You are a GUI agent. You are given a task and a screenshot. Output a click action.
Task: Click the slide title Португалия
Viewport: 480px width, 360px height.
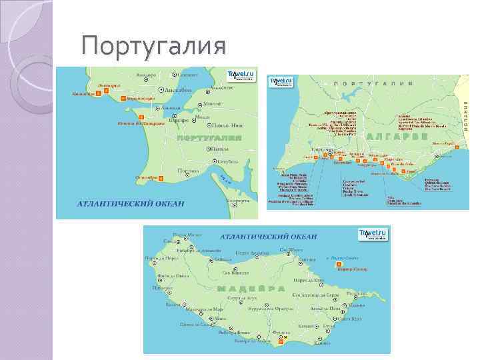click(153, 47)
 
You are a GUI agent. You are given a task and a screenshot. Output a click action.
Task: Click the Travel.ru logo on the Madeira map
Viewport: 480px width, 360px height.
click(373, 234)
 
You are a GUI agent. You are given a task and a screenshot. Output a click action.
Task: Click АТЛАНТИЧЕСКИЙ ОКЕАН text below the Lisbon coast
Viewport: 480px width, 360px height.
click(131, 203)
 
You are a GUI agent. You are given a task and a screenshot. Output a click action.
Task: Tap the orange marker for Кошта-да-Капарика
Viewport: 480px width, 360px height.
click(141, 118)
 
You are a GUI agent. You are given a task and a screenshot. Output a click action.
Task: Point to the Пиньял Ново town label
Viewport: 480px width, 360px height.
click(226, 125)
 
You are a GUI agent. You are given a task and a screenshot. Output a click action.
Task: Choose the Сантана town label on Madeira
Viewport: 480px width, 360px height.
click(307, 259)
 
